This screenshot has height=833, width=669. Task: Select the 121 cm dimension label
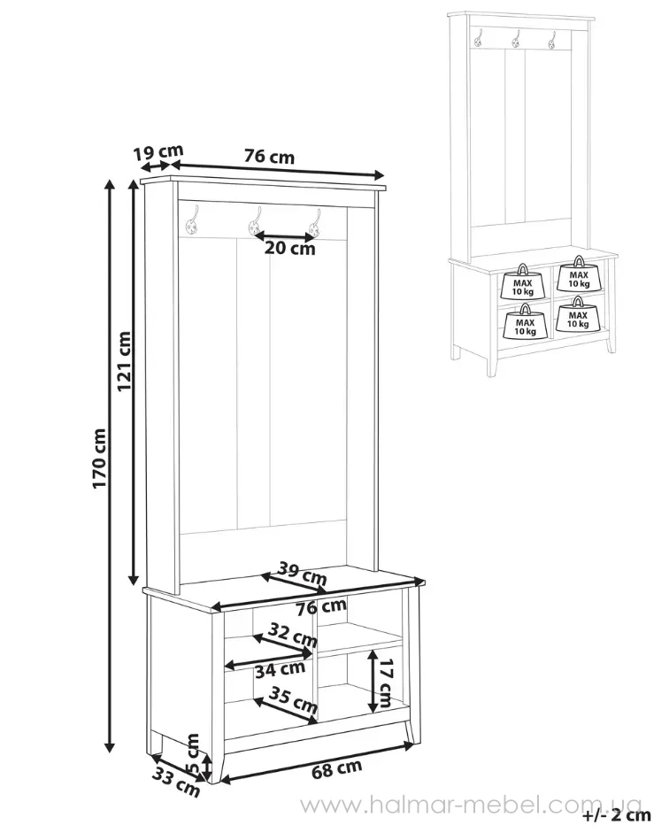click(x=124, y=361)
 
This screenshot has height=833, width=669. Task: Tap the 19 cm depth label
click(x=158, y=152)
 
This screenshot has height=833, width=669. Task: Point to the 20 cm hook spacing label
click(x=290, y=248)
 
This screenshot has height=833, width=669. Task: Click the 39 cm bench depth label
click(x=303, y=574)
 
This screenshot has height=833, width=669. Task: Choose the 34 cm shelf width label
click(x=280, y=670)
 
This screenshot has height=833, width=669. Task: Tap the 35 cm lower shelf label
click(x=293, y=699)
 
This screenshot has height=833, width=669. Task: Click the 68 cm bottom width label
click(x=336, y=769)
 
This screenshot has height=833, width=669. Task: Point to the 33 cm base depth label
click(x=176, y=783)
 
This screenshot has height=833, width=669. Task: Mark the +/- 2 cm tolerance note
click(x=617, y=815)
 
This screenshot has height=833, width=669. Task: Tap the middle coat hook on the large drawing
click(x=256, y=222)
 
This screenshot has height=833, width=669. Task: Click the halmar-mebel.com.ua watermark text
click(x=472, y=806)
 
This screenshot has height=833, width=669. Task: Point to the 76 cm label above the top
click(x=269, y=157)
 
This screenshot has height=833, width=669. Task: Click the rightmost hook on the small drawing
click(x=552, y=39)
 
